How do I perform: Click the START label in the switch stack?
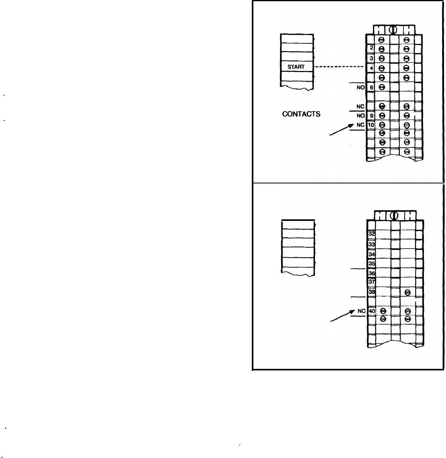296,67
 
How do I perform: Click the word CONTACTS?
301,114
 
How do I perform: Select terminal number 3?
371,58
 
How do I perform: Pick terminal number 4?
371,67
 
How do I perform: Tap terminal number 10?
371,125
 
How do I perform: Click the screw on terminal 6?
382,87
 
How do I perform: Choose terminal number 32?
371,234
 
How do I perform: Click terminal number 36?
371,273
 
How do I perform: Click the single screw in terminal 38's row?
408,292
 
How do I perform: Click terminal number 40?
371,311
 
